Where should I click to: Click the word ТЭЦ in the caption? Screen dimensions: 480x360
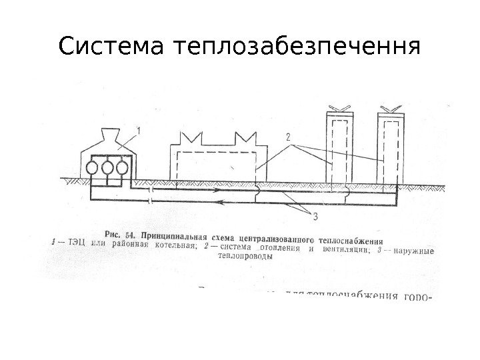(69, 243)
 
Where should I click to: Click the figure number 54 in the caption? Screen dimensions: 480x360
(131, 234)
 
